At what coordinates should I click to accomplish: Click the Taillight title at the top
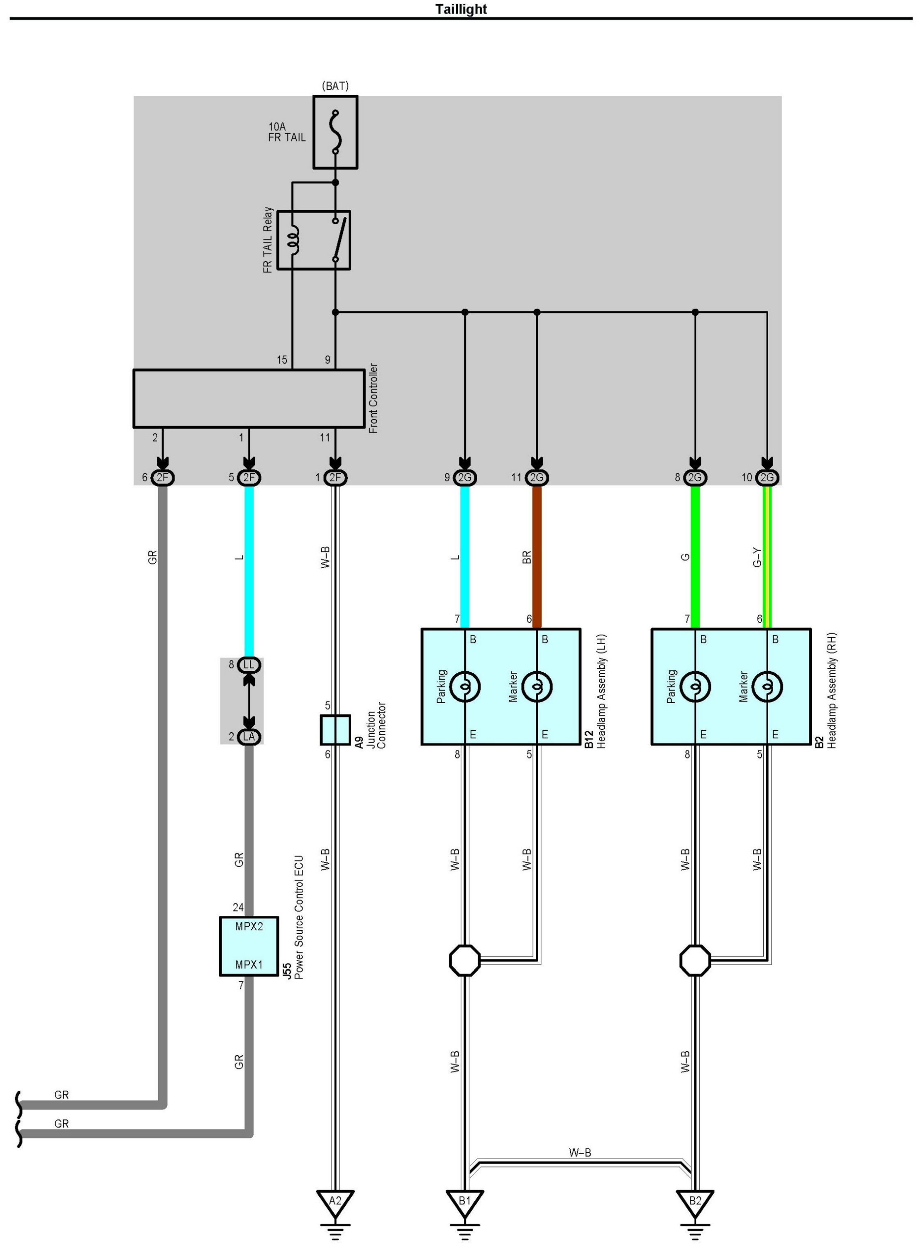(461, 10)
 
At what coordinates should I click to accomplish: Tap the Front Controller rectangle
(249, 399)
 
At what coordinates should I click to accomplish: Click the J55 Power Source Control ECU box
(249, 946)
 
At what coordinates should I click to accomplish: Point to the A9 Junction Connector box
(335, 730)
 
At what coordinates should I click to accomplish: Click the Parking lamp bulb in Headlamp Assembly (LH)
(464, 687)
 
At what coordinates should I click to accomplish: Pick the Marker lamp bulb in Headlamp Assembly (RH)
(767, 687)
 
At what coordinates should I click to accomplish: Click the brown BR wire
(537, 556)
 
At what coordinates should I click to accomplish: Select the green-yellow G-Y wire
(767, 556)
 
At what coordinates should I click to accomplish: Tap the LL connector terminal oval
(249, 665)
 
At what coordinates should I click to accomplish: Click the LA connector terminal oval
(249, 737)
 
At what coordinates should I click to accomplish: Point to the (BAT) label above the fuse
(335, 86)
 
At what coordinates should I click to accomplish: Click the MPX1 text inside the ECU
(249, 965)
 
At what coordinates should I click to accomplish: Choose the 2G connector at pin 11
(537, 478)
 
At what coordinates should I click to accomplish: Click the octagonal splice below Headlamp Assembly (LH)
(464, 960)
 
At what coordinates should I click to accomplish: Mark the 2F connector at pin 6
(162, 478)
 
